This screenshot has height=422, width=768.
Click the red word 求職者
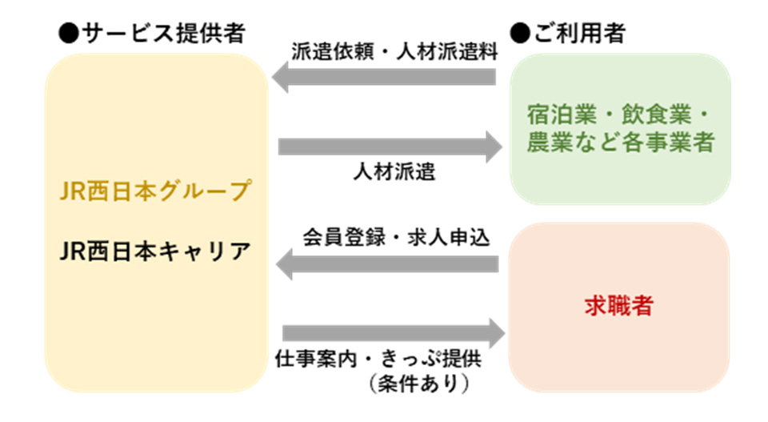click(618, 307)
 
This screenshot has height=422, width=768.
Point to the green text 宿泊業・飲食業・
click(620, 112)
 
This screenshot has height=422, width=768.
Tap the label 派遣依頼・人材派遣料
click(394, 53)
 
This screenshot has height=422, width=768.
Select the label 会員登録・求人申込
click(395, 237)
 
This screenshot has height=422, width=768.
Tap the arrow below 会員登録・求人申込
click(387, 263)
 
